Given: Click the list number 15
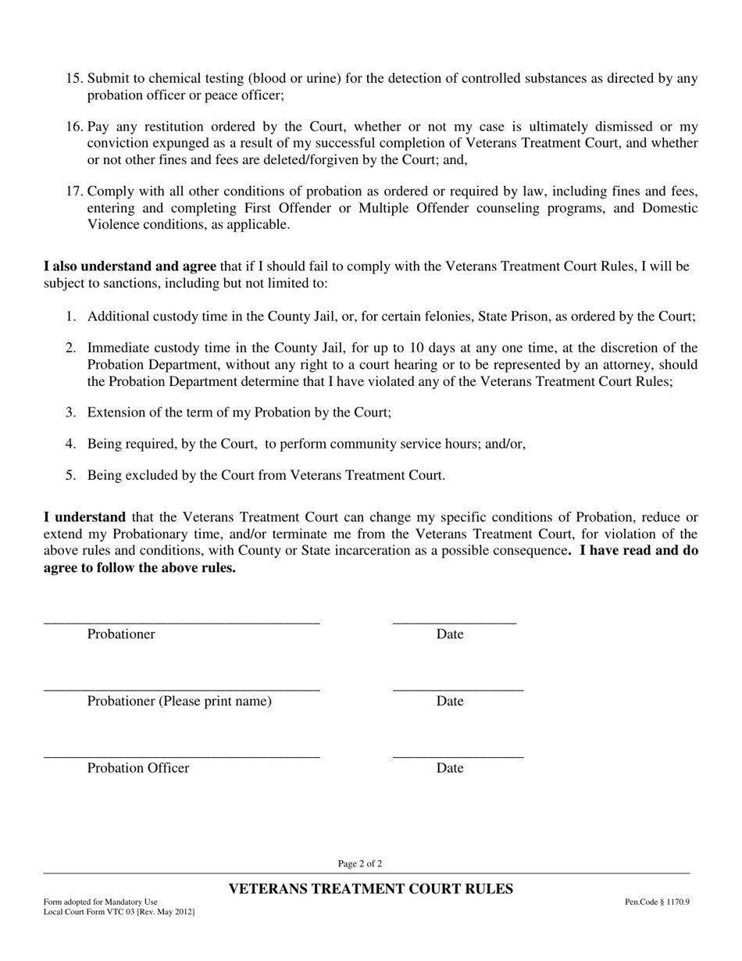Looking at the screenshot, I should pos(73,78).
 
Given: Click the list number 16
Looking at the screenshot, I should pos(73,127).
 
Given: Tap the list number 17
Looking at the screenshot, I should pos(73,191).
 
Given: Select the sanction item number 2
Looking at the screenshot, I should pos(71,348).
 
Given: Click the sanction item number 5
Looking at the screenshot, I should pos(71,475).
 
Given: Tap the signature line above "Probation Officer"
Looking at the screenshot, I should pos(181,757).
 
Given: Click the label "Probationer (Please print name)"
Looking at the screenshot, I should pos(180,702).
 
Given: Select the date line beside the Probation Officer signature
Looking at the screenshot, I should pos(458,757).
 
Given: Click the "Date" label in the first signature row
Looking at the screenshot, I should pos(450,634).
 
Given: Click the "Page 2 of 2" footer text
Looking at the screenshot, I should pos(360,864).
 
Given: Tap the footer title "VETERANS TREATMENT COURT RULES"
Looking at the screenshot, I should pos(370,889).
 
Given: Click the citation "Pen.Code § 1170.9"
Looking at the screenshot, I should pos(657,902).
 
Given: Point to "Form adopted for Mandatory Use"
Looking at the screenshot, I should pos(100,902).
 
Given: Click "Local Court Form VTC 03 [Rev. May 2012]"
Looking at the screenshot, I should pos(119,912).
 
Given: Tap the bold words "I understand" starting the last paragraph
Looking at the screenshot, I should pos(84,517).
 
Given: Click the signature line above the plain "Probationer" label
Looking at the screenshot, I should pos(181,623).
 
